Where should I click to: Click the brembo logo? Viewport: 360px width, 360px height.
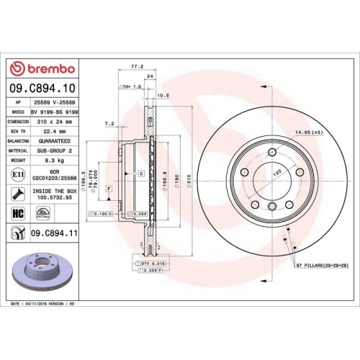pyautogui.click(x=43, y=68)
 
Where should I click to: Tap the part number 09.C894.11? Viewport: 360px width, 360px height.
pyautogui.click(x=51, y=233)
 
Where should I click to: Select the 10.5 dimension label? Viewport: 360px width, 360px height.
pyautogui.click(x=163, y=94)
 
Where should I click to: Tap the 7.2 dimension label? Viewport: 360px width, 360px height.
pyautogui.click(x=109, y=124)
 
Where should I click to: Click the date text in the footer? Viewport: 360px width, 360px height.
pyautogui.click(x=43, y=305)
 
